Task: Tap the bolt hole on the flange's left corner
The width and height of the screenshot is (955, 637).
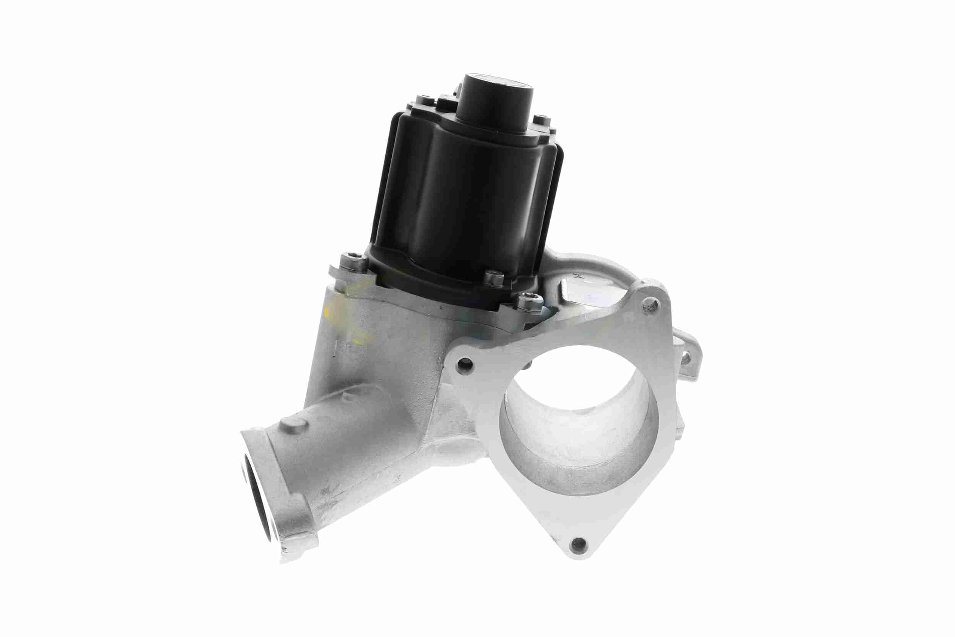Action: (465, 365)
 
